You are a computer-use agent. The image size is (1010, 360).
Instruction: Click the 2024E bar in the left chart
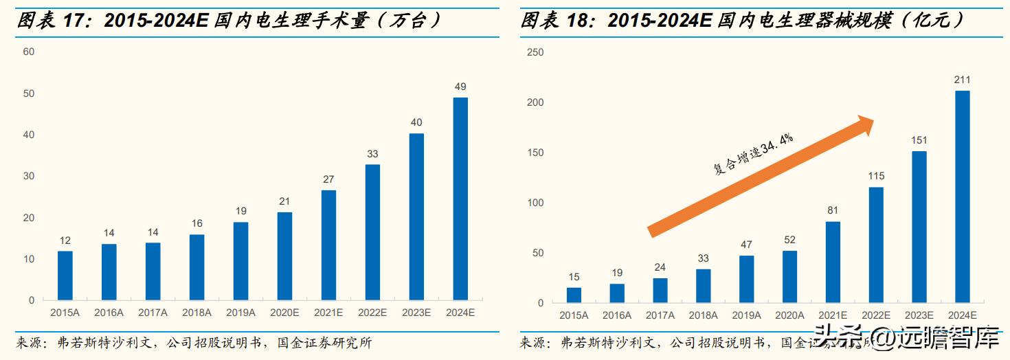pos(460,199)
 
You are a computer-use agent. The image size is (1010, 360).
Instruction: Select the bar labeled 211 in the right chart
pos(963,196)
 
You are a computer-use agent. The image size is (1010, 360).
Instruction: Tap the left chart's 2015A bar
pos(65,275)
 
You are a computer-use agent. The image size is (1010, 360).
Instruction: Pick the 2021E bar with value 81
pos(833,262)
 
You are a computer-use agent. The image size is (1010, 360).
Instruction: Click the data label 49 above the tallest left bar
pos(460,87)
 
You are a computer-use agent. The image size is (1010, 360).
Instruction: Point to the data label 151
pos(919,141)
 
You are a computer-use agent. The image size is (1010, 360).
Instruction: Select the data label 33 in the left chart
pos(372,154)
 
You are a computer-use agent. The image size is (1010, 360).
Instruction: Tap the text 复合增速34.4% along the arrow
pos(753,154)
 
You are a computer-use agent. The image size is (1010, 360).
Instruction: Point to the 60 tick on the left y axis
pos(29,52)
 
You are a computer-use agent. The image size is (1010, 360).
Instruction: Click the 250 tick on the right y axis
pos(535,52)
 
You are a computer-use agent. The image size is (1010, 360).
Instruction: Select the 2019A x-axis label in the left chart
pos(240,313)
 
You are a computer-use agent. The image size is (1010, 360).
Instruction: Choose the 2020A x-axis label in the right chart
pos(789,315)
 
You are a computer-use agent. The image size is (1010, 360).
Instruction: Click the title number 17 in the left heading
pos(74,21)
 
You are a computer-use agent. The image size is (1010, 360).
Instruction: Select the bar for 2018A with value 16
pos(197,267)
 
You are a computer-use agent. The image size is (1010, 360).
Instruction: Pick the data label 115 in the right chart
pos(876,177)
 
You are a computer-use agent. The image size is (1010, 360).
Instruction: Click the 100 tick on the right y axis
pos(535,203)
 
